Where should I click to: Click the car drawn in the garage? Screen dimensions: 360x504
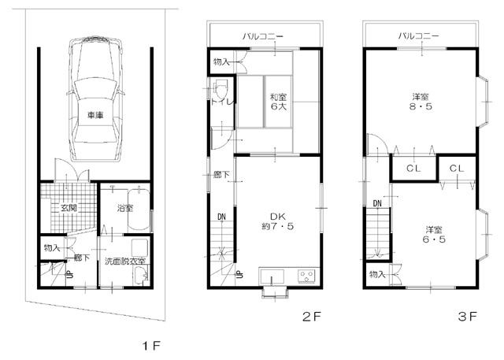(95, 94)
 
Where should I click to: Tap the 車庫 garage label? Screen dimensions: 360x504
(95, 115)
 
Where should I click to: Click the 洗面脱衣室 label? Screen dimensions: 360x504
(125, 261)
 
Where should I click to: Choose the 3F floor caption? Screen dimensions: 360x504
(468, 317)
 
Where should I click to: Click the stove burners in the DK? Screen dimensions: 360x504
(305, 276)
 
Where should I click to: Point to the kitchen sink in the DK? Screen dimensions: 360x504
(272, 276)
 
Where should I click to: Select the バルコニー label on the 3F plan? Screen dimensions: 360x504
(419, 35)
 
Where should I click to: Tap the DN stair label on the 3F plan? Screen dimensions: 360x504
(377, 204)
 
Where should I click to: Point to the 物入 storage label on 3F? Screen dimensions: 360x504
(377, 274)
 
